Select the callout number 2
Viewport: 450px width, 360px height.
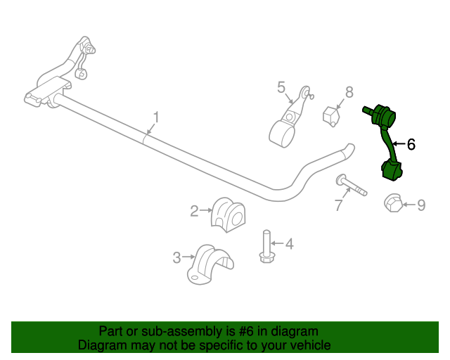[193, 210]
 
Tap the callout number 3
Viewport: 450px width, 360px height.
[177, 258]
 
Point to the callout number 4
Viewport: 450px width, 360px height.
[288, 244]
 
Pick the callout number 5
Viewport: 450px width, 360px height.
[281, 87]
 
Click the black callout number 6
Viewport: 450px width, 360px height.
[411, 144]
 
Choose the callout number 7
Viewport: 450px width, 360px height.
[338, 205]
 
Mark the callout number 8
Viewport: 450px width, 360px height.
[349, 92]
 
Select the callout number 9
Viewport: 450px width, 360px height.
[421, 205]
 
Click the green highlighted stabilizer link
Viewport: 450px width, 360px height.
[386, 141]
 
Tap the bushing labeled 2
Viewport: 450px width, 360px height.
[229, 214]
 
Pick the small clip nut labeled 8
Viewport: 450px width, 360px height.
[330, 115]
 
